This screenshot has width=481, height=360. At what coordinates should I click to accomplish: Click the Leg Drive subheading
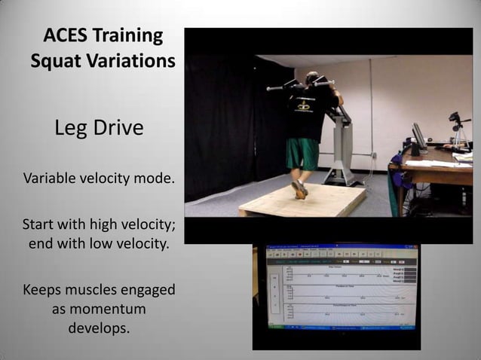click(x=99, y=128)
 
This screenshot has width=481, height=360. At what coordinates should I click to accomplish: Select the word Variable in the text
click(x=49, y=180)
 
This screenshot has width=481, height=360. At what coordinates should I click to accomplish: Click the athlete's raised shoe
click(x=300, y=189)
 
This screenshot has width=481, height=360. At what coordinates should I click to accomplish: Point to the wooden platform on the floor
click(x=302, y=202)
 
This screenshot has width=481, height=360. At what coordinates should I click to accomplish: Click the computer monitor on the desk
click(x=419, y=137)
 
